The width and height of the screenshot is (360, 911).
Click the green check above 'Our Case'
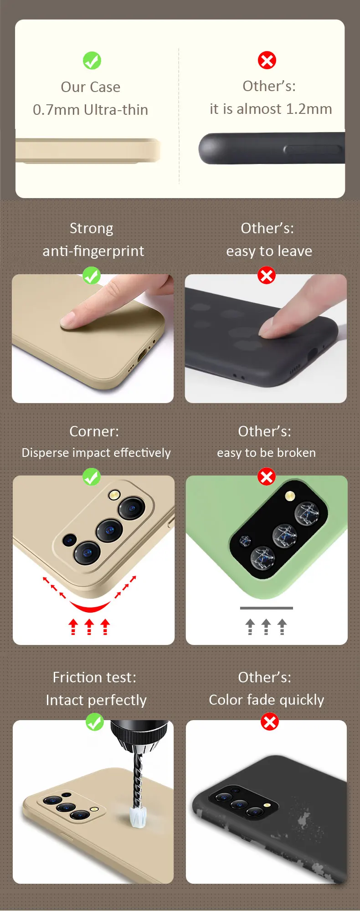pos(92,61)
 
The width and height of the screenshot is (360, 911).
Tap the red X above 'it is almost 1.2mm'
pos(267,60)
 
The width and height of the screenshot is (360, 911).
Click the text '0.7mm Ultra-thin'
pos(90,110)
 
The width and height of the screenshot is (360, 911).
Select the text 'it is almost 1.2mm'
pos(271,109)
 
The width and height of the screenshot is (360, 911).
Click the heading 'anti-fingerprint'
pos(93,251)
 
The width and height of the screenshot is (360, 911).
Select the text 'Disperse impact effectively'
pos(96,453)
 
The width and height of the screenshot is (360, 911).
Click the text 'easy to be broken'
pos(267,453)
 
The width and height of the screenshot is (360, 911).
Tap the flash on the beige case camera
pos(114,495)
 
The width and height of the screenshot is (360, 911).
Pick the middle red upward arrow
pos(89,627)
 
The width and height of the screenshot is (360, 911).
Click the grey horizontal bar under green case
pos(267,608)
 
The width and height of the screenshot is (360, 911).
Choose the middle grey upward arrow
pos(266,627)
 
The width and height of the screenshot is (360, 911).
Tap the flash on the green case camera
pos(290,496)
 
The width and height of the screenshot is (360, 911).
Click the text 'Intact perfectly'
pos(96,700)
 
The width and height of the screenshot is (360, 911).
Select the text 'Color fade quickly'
pos(267,700)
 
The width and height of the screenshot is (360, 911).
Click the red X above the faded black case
pos(270,722)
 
